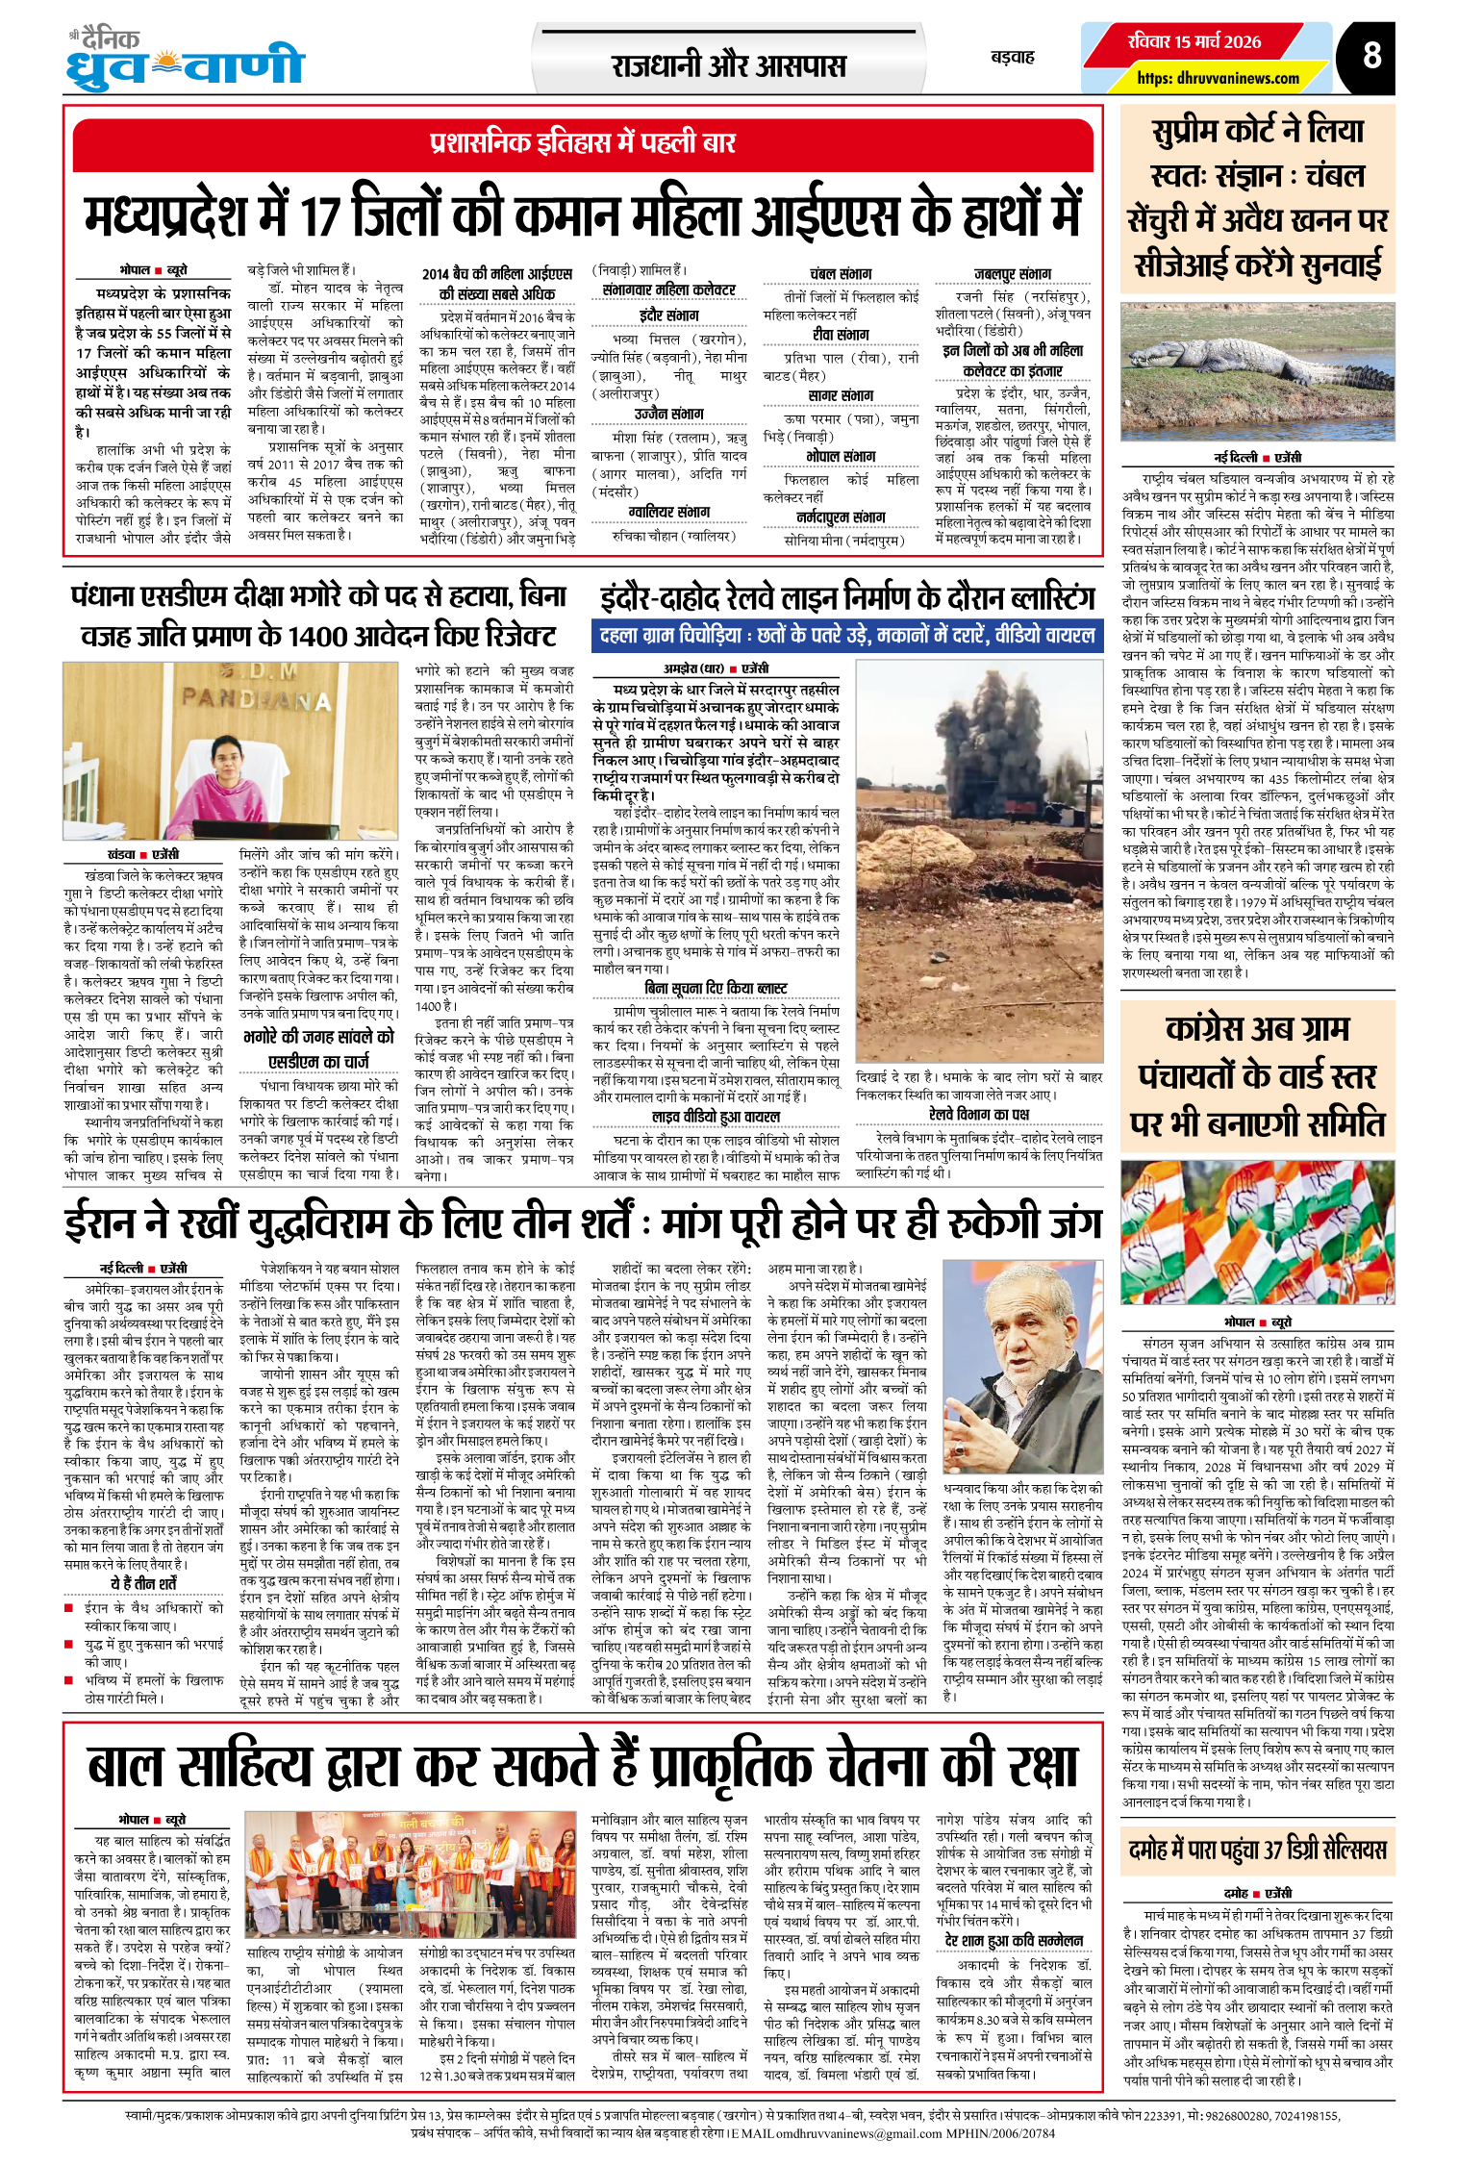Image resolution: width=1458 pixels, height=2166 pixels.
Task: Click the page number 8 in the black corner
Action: (x=1371, y=55)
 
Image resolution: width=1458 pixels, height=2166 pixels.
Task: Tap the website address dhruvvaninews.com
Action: (x=1218, y=78)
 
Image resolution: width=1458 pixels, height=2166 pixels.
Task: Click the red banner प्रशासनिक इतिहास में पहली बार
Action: (x=583, y=143)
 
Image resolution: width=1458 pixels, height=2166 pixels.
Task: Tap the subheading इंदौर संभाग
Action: (x=668, y=315)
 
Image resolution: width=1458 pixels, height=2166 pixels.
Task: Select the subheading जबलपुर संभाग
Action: (x=1012, y=274)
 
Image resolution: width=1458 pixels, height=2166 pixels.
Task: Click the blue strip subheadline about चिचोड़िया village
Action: (x=846, y=635)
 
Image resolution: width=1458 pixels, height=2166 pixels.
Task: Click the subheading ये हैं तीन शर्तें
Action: (x=143, y=1584)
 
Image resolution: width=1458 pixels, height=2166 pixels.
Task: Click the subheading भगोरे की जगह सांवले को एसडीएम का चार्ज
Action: (x=318, y=1048)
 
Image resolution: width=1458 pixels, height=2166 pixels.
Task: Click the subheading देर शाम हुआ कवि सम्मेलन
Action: (x=1014, y=1940)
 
